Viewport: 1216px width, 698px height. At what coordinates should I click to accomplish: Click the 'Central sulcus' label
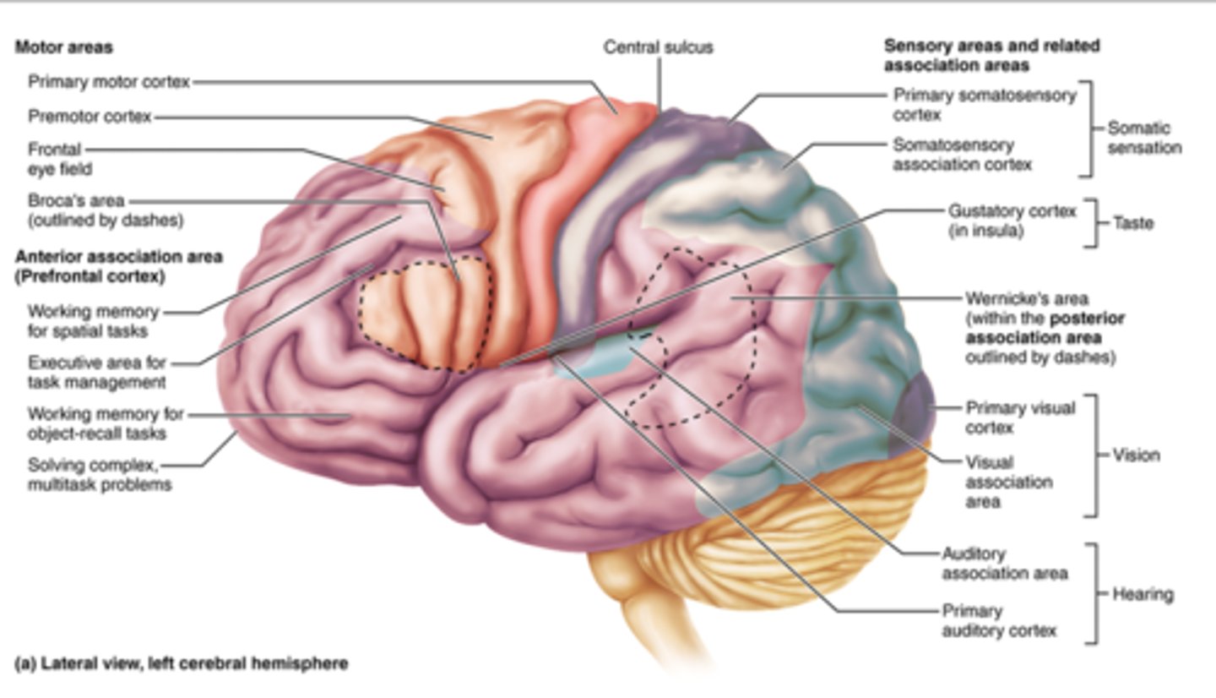[x=657, y=47]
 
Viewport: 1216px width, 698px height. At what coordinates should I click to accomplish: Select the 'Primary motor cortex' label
[x=109, y=82]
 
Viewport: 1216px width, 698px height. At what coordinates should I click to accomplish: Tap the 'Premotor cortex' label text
[x=90, y=116]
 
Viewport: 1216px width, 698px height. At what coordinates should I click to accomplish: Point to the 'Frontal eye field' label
[x=59, y=159]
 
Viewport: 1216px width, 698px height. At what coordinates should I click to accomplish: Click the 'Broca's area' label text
[x=76, y=201]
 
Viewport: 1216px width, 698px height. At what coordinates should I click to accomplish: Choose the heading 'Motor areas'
[x=62, y=48]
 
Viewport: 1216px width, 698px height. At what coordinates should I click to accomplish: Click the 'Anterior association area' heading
[x=118, y=256]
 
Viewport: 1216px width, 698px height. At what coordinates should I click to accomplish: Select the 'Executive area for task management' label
[x=97, y=372]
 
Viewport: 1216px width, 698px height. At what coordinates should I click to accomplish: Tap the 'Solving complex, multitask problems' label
[x=100, y=474]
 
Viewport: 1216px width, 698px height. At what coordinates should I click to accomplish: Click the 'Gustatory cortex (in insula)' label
[x=1012, y=220]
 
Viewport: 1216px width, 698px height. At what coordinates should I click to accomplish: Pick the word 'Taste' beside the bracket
[x=1132, y=224]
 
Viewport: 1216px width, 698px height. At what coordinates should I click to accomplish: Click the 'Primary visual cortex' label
[x=1020, y=417]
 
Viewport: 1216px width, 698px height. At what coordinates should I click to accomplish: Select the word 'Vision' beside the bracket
[x=1137, y=455]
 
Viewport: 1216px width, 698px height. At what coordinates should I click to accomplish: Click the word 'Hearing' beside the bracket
[x=1143, y=594]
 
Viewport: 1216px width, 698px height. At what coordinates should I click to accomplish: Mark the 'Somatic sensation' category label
[x=1143, y=138]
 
